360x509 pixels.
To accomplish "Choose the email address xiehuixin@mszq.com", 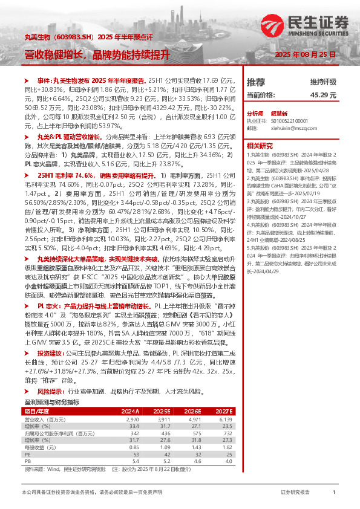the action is click(286, 128).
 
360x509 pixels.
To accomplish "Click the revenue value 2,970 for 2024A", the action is click(133, 419).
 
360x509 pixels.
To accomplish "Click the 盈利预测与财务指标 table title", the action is click(51, 402).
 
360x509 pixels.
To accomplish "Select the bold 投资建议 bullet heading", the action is click(50, 352).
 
